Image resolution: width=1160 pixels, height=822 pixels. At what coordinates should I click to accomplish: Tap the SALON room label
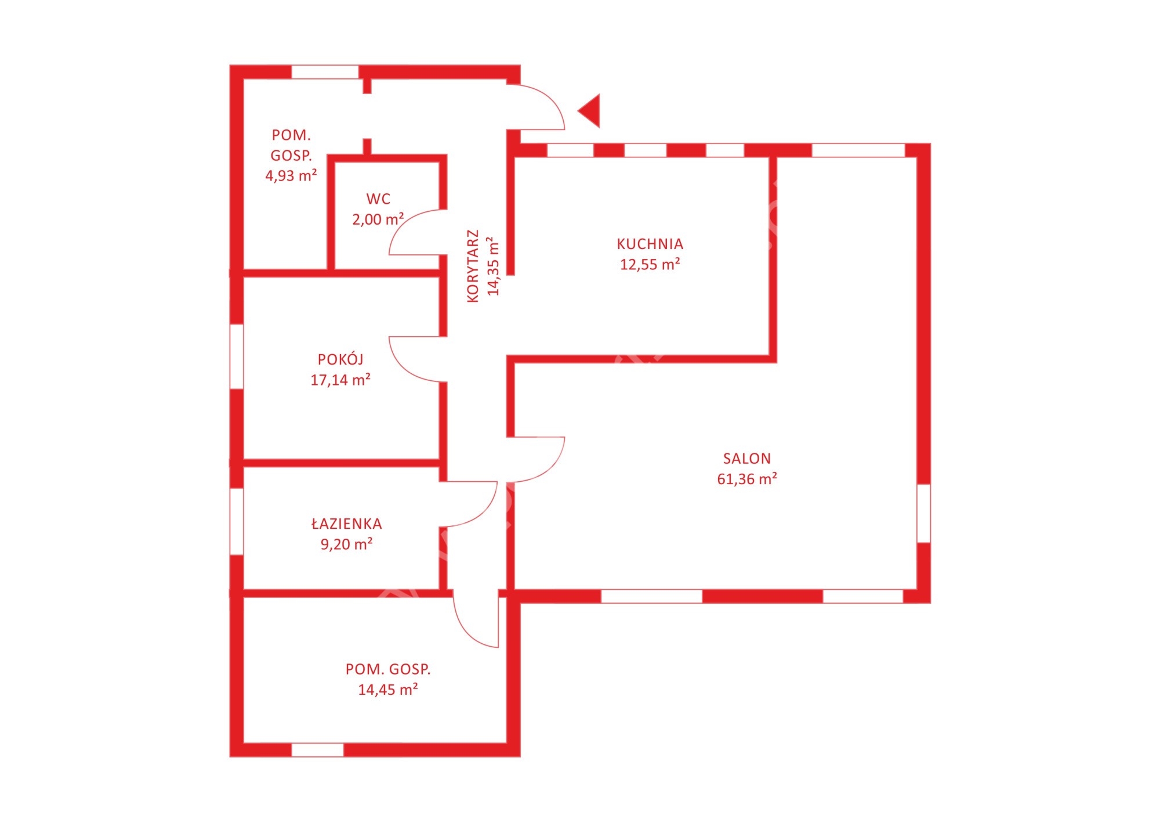click(x=747, y=459)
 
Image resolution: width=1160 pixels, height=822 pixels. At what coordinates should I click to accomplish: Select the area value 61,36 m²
click(x=747, y=479)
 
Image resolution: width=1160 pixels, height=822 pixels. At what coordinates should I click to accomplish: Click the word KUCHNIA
click(x=650, y=244)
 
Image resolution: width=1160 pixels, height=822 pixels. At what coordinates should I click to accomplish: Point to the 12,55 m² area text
click(x=650, y=264)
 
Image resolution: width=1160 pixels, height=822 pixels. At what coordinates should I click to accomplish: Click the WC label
click(x=378, y=199)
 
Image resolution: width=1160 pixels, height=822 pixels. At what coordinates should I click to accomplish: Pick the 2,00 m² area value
click(x=378, y=219)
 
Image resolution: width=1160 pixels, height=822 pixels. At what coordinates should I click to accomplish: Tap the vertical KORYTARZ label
click(x=473, y=266)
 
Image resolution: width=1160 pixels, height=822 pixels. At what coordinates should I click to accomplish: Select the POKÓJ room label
click(x=340, y=359)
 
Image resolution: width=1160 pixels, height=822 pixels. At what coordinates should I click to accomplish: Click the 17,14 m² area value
click(x=340, y=380)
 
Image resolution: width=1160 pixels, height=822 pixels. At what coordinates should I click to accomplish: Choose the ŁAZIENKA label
click(x=347, y=524)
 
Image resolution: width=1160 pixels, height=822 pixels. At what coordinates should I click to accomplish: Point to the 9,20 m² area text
click(x=347, y=544)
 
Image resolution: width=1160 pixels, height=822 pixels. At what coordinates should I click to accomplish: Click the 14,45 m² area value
click(x=388, y=690)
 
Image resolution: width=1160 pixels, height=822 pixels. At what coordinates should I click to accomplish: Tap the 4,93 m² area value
click(x=291, y=175)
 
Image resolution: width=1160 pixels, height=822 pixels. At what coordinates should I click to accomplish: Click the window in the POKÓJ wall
click(x=237, y=356)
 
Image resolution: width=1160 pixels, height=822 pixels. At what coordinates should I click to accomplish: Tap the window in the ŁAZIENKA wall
click(x=237, y=521)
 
